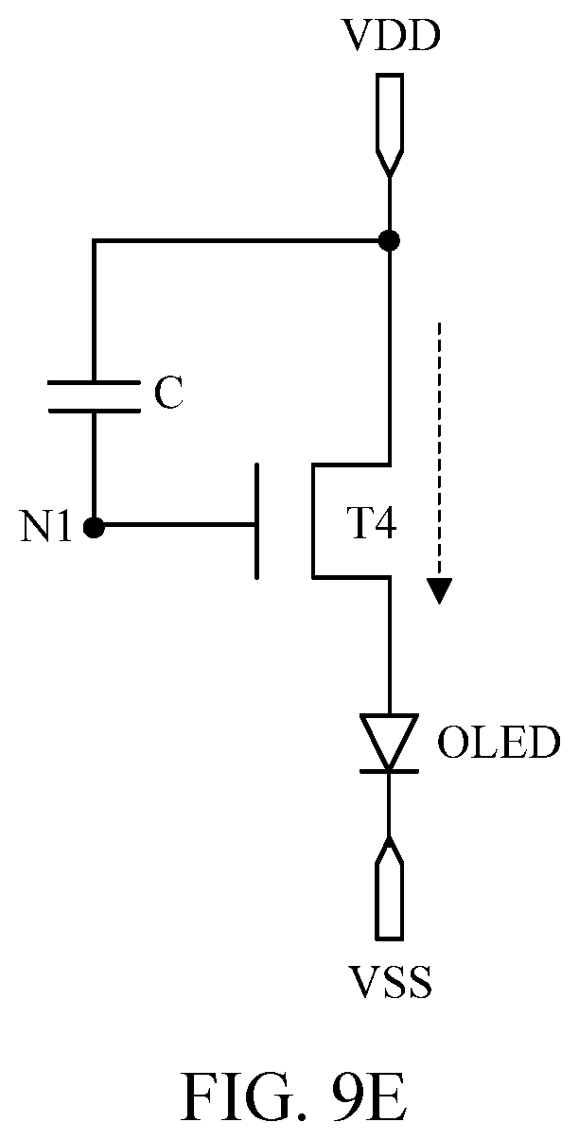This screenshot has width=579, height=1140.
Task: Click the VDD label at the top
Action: pyautogui.click(x=392, y=36)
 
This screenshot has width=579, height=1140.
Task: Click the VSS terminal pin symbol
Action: pyautogui.click(x=390, y=887)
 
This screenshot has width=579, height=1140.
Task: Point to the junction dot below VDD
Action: pyautogui.click(x=390, y=240)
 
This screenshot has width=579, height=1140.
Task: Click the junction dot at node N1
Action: pyautogui.click(x=94, y=527)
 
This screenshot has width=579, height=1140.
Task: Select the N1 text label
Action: pyautogui.click(x=45, y=527)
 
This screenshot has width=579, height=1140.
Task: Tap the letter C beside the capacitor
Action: pyautogui.click(x=168, y=393)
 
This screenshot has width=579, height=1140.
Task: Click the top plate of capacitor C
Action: pyautogui.click(x=94, y=381)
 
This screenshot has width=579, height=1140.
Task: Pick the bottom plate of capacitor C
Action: pyautogui.click(x=94, y=411)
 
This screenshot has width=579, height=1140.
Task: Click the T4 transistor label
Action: pyautogui.click(x=371, y=524)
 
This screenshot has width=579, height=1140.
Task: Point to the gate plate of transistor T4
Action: pyautogui.click(x=257, y=521)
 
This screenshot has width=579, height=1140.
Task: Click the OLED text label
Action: pyautogui.click(x=498, y=743)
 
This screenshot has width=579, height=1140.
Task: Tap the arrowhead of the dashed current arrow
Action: pyautogui.click(x=439, y=591)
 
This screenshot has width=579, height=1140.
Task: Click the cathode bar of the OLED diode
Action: pyautogui.click(x=390, y=771)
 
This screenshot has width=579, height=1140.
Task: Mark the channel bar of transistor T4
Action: pyautogui.click(x=314, y=521)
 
